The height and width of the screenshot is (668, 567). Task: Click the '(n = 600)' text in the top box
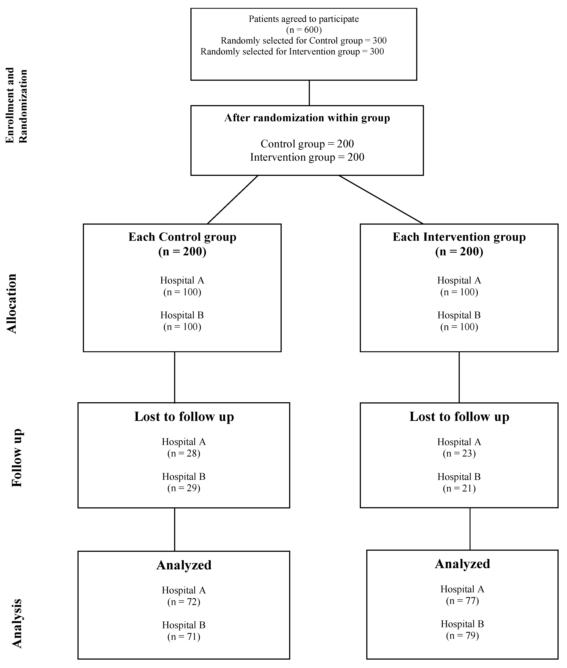(x=304, y=30)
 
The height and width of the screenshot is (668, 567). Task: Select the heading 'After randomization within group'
(x=307, y=118)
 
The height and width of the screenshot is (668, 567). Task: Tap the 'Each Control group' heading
(x=182, y=237)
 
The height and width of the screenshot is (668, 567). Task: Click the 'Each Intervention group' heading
(x=459, y=237)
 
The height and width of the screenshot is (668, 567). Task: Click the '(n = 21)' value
(x=459, y=488)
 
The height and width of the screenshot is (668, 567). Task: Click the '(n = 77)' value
(x=462, y=601)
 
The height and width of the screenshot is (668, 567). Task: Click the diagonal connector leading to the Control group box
(x=233, y=199)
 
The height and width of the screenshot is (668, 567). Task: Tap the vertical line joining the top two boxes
(x=309, y=93)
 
